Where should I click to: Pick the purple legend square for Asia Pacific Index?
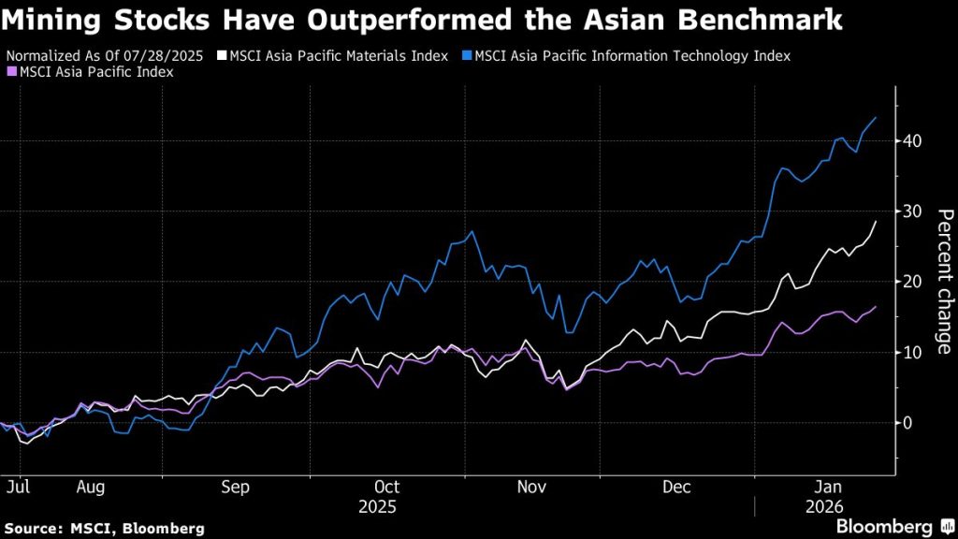coord(11,72)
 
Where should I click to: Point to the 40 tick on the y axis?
coord(913,140)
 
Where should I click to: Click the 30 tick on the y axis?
coord(913,211)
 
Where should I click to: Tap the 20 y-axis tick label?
coord(913,282)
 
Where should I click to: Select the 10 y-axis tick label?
coord(913,352)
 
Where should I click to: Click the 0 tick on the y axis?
coord(908,422)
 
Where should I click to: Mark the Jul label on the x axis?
coord(17,487)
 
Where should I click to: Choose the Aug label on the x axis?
coord(92,487)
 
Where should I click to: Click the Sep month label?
coord(236,487)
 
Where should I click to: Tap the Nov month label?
coord(532,487)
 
